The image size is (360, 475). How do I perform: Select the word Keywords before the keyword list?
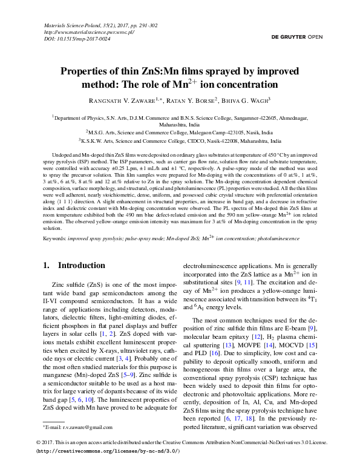55,239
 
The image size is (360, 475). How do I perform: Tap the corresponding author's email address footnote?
72,427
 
